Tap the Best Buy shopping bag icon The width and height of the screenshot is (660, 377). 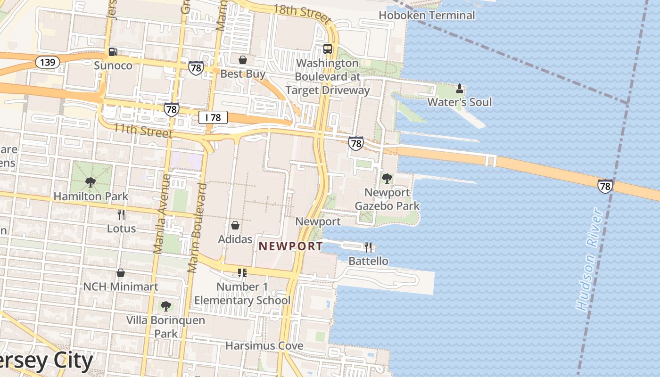tap(243, 60)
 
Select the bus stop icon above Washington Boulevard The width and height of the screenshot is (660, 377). tap(327, 49)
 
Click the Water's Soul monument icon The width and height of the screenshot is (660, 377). tap(460, 88)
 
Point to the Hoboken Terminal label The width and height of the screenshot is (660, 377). tap(427, 16)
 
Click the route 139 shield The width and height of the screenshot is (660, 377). tap(47, 62)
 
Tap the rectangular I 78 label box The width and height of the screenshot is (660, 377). tap(213, 117)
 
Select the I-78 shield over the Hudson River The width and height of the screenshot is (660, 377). tap(605, 186)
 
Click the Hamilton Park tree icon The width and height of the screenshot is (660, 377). tap(91, 182)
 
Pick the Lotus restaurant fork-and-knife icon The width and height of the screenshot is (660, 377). tap(121, 215)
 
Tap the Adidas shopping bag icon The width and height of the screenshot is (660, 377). tap(235, 225)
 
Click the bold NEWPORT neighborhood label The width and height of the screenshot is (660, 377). tap(291, 246)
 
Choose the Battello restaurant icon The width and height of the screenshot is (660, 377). tap(368, 247)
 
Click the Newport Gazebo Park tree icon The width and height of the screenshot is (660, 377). tap(387, 178)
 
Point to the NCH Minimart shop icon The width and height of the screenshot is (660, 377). tap(121, 273)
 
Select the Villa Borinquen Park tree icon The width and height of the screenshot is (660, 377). tap(165, 306)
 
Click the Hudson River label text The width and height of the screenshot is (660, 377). tap(589, 260)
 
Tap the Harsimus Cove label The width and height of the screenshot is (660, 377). tap(264, 345)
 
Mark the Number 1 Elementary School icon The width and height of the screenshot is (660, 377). tap(242, 273)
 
